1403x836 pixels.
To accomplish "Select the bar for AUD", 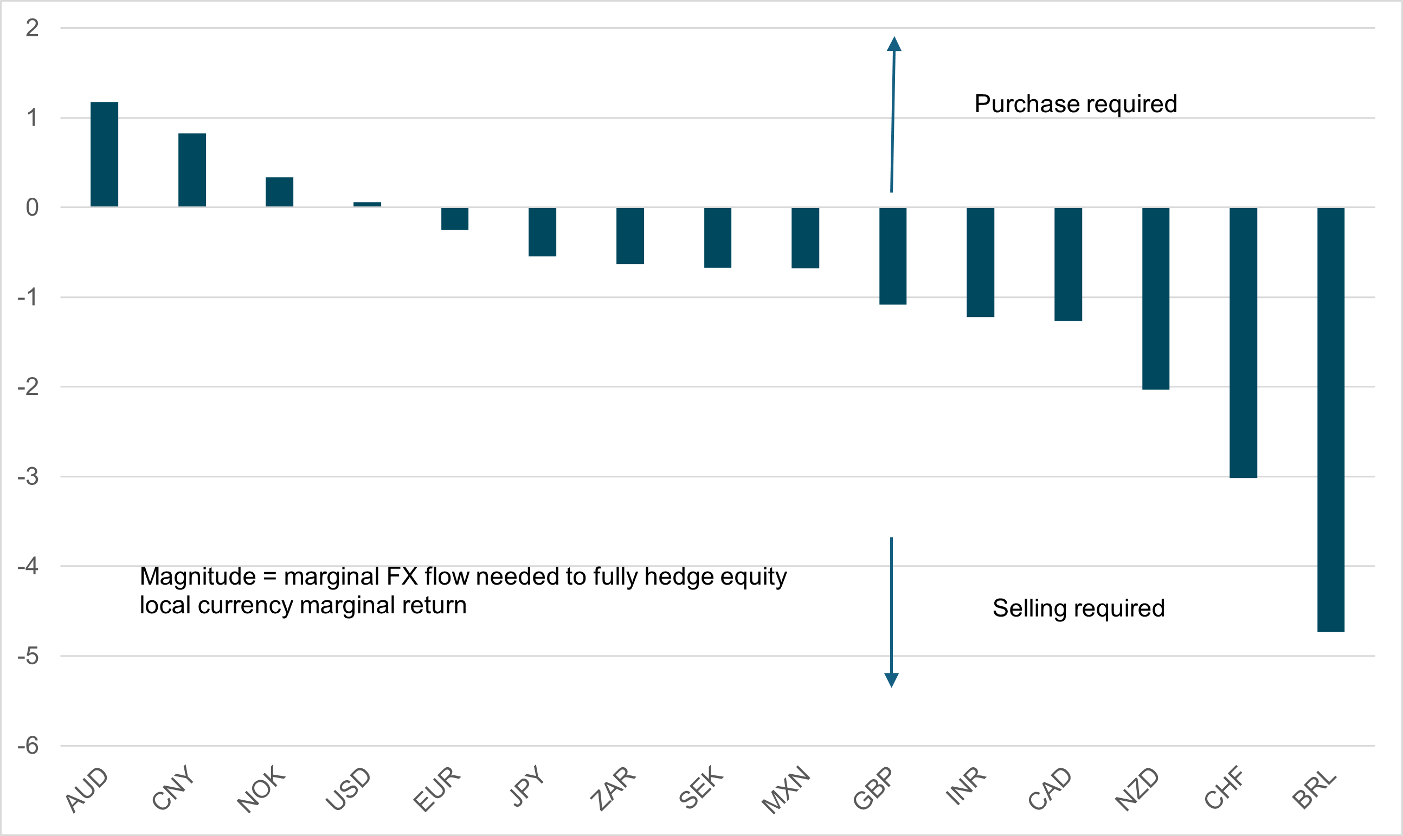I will point(104,154).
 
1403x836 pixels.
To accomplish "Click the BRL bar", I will point(1330,420).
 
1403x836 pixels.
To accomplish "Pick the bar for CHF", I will point(1243,342).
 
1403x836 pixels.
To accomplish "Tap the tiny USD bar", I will point(367,204).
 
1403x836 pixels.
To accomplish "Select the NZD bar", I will point(1156,299).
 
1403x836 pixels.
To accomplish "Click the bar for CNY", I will point(192,170).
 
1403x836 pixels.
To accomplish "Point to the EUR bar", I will point(454,218).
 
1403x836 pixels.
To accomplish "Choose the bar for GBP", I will point(893,256).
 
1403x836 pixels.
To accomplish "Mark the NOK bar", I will point(280,192).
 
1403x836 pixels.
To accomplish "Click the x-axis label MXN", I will point(786,790).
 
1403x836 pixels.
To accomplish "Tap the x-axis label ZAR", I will point(613,789).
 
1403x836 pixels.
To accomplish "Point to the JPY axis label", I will point(527,786).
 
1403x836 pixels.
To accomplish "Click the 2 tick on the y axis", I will point(32,28).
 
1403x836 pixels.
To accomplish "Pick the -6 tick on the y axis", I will point(28,746).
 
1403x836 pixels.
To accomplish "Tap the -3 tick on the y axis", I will point(28,477).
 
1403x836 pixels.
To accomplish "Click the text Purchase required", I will point(1076,104).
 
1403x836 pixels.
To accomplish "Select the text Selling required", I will point(1078,608).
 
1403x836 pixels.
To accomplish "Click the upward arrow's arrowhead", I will point(894,44).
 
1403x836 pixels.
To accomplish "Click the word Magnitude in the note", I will point(198,576).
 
